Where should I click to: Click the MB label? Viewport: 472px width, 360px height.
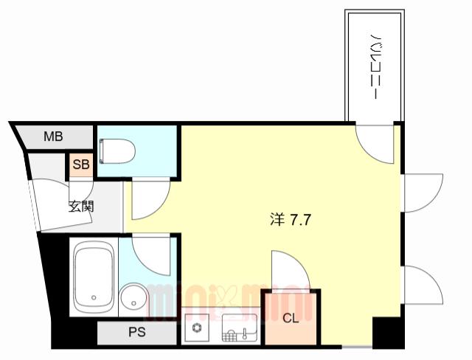coord(53,136)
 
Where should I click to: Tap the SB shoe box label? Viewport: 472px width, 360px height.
coord(81,165)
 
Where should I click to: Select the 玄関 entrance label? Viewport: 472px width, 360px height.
coord(81,207)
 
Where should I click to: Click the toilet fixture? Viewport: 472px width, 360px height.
coord(117,151)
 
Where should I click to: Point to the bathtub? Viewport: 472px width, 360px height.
coord(94,277)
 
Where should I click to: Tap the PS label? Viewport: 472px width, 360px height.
coord(137,332)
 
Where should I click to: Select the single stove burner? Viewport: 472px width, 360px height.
coord(197,328)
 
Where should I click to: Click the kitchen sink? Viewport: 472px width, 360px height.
coord(240,328)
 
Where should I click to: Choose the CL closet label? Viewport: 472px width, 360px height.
coord(291,318)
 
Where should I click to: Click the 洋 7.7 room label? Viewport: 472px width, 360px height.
coord(290,220)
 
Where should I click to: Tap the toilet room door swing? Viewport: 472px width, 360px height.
coord(157,206)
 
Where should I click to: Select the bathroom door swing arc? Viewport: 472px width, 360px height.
coord(143,261)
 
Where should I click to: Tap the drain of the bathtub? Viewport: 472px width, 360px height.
coord(94,298)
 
